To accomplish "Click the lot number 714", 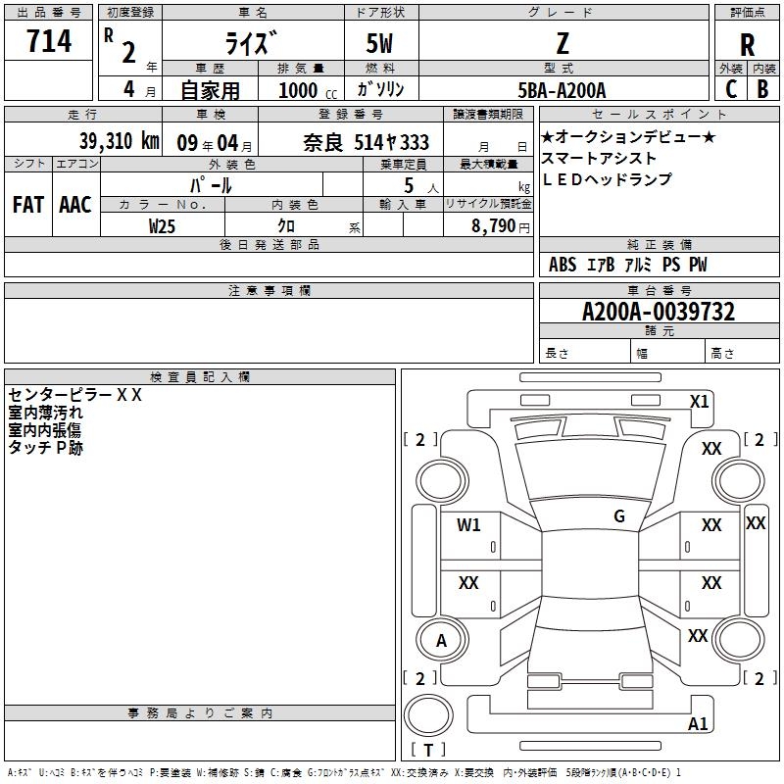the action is pos(49,40).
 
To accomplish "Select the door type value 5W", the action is pos(379,43).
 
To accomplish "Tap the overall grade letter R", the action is pos(747,45).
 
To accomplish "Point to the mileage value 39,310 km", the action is pos(120,141).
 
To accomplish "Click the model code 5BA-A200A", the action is pos(562,90).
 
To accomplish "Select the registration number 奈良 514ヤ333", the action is pos(366,143).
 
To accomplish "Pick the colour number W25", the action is pos(162,226).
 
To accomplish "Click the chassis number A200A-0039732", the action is pos(659,312).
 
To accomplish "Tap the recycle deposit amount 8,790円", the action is pos(501,226).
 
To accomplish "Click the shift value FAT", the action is pos(28,205).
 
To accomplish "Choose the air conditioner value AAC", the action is pos(75,205).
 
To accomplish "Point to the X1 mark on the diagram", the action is pos(699,402).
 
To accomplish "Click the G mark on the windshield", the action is pos(619,515).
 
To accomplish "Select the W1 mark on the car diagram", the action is pos(468,524).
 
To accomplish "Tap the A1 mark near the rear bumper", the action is pos(698,723).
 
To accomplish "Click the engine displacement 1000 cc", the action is pos(308,91).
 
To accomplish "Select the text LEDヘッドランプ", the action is pos(607,179).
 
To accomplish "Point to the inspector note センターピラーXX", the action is pos(75,395).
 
